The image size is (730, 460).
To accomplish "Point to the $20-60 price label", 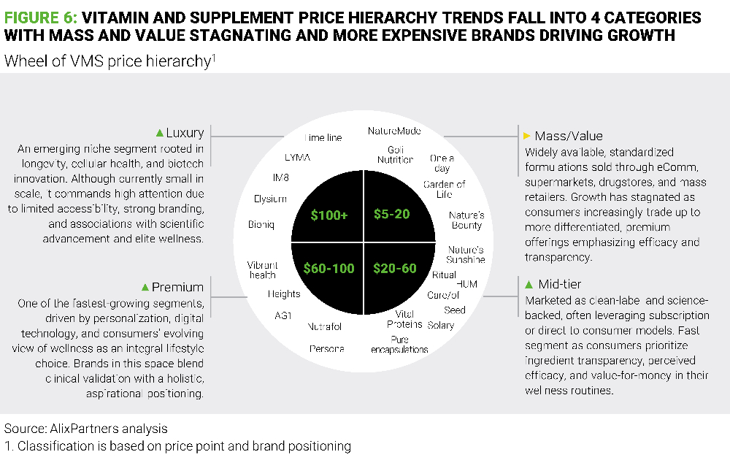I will point(394,268).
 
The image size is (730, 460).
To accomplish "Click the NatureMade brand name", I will point(395,131).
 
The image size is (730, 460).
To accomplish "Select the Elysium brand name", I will point(270,199).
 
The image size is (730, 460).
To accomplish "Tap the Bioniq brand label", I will point(261,224).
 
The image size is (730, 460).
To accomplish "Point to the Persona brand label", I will point(326,349).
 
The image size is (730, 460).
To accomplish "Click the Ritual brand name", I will point(444,275).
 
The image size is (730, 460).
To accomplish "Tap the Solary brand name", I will point(440,325).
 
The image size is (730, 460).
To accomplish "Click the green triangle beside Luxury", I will point(159,133).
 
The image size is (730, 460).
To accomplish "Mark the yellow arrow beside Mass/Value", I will point(526,136).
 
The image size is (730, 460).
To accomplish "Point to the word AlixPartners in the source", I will point(72,429).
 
